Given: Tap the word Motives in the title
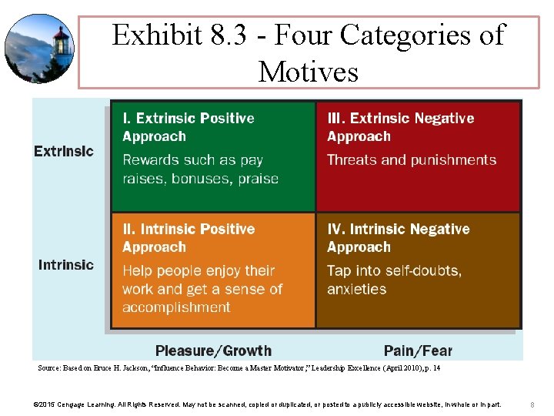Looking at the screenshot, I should (x=309, y=72).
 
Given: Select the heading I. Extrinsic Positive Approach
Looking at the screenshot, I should (x=189, y=127).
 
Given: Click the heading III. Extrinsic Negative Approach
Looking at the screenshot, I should (x=400, y=127).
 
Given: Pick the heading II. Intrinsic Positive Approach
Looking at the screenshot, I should (x=189, y=238).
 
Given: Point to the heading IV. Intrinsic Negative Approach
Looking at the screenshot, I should (x=398, y=238).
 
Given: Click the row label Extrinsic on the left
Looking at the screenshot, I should (x=64, y=151).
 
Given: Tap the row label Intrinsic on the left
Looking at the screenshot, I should (x=66, y=265).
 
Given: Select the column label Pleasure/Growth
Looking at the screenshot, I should (x=213, y=351).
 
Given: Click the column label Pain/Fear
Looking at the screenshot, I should (x=418, y=351).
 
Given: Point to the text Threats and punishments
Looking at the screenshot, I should (x=412, y=160).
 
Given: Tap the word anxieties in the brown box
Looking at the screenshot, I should (x=356, y=290).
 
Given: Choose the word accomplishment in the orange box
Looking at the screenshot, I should (x=176, y=307).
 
